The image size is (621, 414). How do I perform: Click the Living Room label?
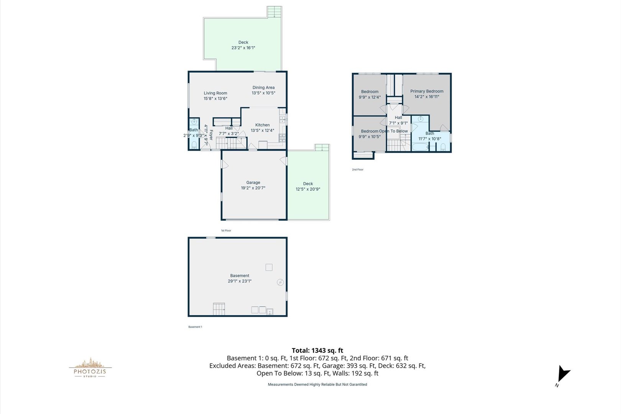click(215, 93)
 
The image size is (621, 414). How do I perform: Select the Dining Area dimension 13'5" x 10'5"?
click(263, 93)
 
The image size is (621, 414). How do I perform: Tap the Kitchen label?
click(262, 125)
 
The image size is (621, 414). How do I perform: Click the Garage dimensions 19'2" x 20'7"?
click(253, 188)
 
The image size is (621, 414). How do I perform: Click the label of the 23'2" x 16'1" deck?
click(243, 43)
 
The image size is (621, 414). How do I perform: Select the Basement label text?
click(240, 276)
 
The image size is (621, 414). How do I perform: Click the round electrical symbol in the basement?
click(280, 283)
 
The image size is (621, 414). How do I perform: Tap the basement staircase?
click(219, 309)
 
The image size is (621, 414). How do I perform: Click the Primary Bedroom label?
click(427, 91)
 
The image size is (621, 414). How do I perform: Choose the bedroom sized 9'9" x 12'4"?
click(370, 94)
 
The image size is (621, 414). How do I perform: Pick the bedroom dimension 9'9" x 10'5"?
click(370, 137)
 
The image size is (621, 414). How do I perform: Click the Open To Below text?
click(394, 131)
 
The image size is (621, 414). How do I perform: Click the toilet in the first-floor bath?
click(194, 145)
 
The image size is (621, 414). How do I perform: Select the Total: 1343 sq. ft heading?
click(317, 350)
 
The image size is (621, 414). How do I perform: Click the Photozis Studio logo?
click(90, 368)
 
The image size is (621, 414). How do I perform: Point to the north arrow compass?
click(563, 374)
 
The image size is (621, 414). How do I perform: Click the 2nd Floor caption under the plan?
click(358, 169)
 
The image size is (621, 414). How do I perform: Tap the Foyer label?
click(211, 135)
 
